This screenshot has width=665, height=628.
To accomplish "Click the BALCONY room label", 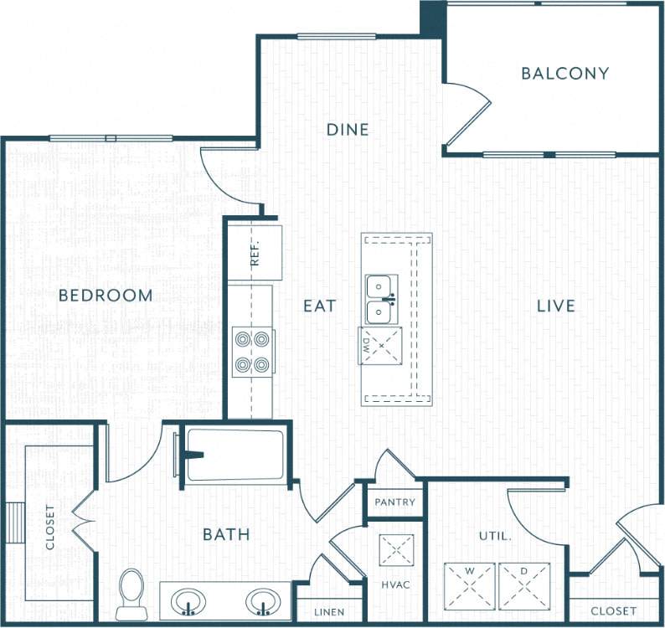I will pyautogui.click(x=564, y=74).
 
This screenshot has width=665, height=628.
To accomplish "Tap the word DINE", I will pyautogui.click(x=347, y=130).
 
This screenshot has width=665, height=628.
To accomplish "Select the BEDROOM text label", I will pyautogui.click(x=106, y=296).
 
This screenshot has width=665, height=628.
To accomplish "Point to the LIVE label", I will pyautogui.click(x=556, y=306).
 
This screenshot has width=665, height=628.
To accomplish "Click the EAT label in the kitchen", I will pyautogui.click(x=319, y=306).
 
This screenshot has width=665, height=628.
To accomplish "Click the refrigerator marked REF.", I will pyautogui.click(x=255, y=252).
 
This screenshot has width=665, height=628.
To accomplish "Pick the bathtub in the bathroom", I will pyautogui.click(x=235, y=456).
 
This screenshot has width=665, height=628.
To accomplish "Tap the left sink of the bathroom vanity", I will pyautogui.click(x=189, y=601).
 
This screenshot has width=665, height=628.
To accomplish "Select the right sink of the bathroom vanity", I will pyautogui.click(x=265, y=601).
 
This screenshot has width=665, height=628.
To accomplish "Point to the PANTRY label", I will pyautogui.click(x=394, y=502).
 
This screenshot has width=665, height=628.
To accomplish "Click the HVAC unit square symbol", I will pyautogui.click(x=396, y=550).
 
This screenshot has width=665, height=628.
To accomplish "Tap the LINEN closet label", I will pyautogui.click(x=329, y=612).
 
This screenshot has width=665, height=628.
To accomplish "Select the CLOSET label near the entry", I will pyautogui.click(x=613, y=611).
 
